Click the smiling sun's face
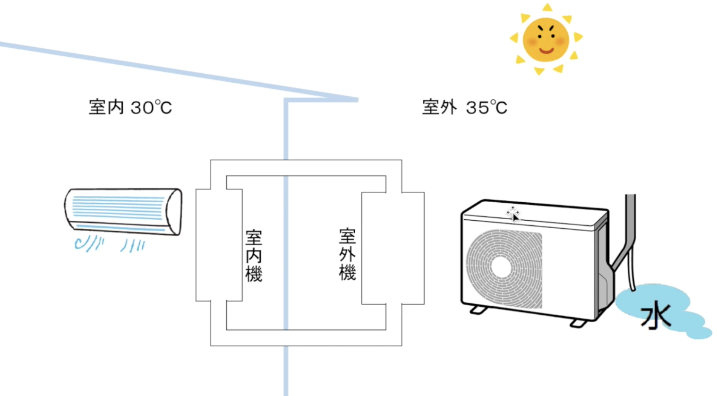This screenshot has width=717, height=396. (x=546, y=40)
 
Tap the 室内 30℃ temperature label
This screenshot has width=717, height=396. (x=130, y=108)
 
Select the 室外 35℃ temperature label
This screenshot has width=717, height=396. (x=464, y=108)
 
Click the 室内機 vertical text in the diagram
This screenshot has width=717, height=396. (x=254, y=256)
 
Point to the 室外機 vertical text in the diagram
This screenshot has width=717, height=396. (x=347, y=255)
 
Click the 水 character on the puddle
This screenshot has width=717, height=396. (x=656, y=315)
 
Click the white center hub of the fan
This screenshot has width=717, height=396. (x=502, y=267)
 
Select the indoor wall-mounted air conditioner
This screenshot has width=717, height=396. (x=123, y=211)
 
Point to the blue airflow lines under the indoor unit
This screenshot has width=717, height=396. (x=110, y=245)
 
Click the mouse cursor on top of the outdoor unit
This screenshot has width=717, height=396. (x=514, y=214)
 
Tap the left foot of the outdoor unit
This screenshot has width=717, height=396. (x=478, y=310)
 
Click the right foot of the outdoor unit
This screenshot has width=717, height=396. (x=578, y=323)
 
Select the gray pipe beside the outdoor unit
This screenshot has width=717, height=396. (x=630, y=227)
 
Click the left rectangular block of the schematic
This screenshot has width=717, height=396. (x=219, y=245)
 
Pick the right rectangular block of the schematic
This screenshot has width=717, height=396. (x=393, y=248)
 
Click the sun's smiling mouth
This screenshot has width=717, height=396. (x=546, y=51)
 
